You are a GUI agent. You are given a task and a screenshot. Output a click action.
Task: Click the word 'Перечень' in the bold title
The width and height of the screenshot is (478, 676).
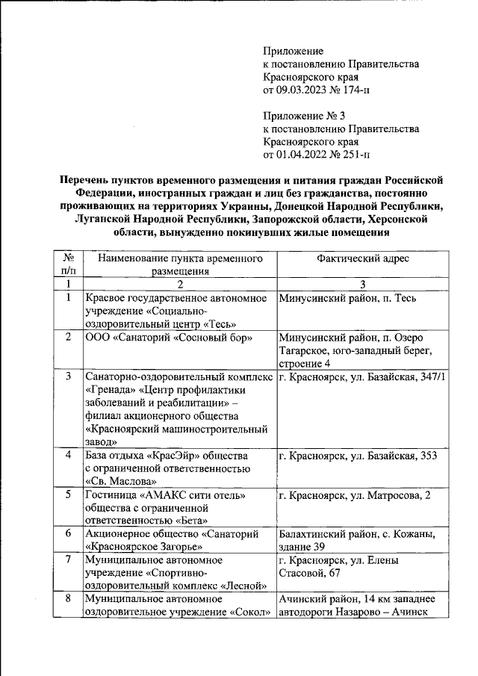(x=88, y=179)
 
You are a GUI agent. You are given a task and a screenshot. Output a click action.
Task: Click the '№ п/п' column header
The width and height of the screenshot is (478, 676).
(x=68, y=264)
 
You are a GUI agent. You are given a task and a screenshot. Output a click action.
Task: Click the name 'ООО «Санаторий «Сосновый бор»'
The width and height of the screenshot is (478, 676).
(x=168, y=338)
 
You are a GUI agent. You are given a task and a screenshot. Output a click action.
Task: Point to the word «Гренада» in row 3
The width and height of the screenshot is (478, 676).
(x=111, y=389)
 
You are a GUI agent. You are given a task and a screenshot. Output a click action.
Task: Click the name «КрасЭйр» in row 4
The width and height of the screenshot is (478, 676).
(x=176, y=455)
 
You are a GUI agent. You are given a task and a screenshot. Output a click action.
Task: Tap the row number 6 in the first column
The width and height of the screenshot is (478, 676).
(x=68, y=533)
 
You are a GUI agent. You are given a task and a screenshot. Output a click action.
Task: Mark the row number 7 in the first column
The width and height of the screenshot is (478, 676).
(x=68, y=559)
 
